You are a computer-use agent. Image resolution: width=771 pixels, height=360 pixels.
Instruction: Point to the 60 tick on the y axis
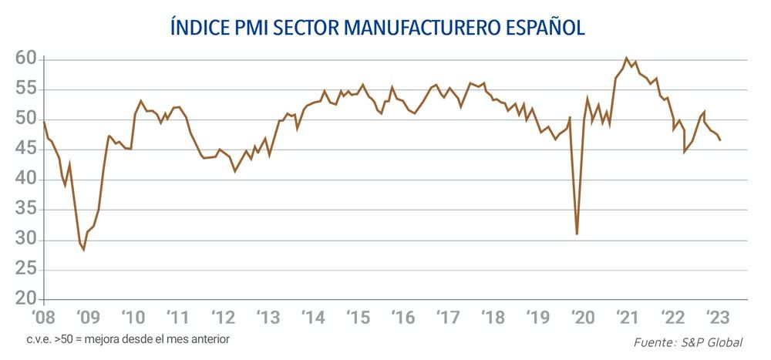click(x=26, y=59)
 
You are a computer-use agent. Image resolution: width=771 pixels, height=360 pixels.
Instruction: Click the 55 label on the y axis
click(x=26, y=89)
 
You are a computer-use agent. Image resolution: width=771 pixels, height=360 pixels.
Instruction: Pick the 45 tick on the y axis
click(x=26, y=149)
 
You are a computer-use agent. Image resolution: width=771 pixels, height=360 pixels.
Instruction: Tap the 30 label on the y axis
click(x=26, y=240)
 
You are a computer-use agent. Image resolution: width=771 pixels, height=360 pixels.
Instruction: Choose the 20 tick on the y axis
click(x=26, y=299)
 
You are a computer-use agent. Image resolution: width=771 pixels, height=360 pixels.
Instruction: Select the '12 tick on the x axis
click(x=224, y=317)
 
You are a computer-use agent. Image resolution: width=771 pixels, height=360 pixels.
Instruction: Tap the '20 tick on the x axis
click(x=582, y=317)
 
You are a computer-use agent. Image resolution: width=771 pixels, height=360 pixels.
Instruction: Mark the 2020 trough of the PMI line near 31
click(x=577, y=234)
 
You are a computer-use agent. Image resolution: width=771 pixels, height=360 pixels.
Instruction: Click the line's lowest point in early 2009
click(x=84, y=250)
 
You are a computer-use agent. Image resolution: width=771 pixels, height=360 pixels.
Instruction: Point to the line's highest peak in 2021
click(x=626, y=58)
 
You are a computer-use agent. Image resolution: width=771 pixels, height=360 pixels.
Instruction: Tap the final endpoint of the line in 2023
click(x=720, y=140)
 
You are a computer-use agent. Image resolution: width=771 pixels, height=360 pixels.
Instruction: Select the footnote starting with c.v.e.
click(x=127, y=338)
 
